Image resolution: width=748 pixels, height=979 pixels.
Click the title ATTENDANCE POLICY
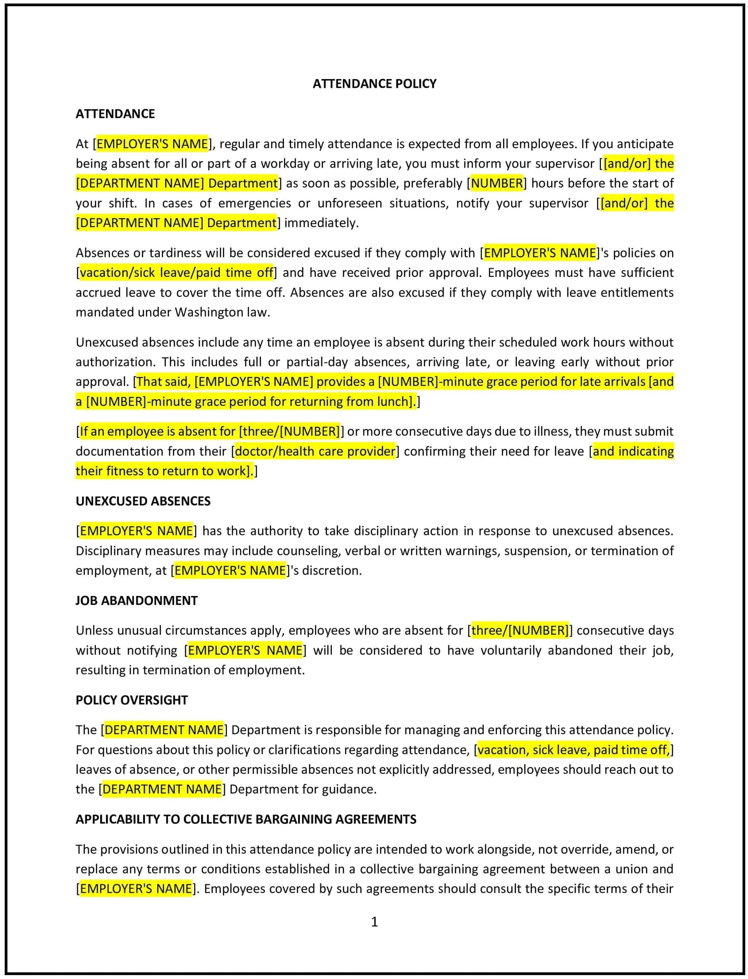click(x=374, y=84)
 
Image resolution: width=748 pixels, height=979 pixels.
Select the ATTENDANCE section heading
click(x=115, y=114)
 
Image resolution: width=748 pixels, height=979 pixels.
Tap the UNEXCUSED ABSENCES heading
click(x=143, y=501)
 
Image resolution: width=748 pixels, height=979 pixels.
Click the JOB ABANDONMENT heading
click(x=136, y=600)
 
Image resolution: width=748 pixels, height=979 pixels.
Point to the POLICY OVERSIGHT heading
click(x=131, y=700)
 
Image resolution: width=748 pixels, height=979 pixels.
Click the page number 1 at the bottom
click(x=374, y=921)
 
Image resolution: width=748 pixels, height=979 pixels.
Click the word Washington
click(x=209, y=312)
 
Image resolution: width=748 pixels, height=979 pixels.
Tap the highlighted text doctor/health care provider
click(x=315, y=451)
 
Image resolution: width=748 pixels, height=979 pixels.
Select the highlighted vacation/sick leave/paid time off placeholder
click(x=176, y=272)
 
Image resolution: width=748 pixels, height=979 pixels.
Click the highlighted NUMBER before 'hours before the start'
click(x=496, y=183)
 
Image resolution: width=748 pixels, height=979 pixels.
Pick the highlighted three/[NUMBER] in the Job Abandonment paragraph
click(x=520, y=630)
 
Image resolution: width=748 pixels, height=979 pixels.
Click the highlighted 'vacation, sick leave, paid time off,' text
click(x=573, y=750)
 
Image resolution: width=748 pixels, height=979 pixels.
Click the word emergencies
click(x=254, y=203)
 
